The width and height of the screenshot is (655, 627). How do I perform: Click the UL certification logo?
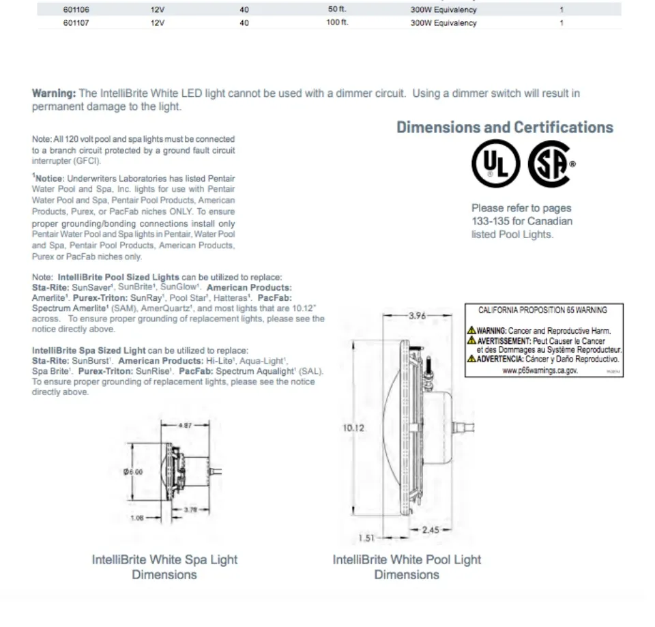pyautogui.click(x=495, y=164)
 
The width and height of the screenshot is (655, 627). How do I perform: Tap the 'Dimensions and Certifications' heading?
pyautogui.click(x=505, y=128)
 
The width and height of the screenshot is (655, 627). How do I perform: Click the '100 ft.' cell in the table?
pyautogui.click(x=337, y=23)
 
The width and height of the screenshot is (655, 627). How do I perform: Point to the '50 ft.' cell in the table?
pyautogui.click(x=337, y=10)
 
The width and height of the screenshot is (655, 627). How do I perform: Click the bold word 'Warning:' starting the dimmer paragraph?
pyautogui.click(x=54, y=93)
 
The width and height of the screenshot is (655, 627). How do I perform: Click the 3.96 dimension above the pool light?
pyautogui.click(x=417, y=316)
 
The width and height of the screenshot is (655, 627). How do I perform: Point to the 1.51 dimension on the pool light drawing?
pyautogui.click(x=367, y=538)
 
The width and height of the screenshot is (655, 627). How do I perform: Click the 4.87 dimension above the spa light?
pyautogui.click(x=185, y=425)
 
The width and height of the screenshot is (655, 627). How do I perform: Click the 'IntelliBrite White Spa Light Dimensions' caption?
pyautogui.click(x=164, y=567)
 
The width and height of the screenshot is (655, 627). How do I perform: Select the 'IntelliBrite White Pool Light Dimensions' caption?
pyautogui.click(x=407, y=567)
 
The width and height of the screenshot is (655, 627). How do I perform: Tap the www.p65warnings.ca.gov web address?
pyautogui.click(x=540, y=370)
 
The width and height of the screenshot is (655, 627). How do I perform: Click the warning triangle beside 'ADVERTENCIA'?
pyautogui.click(x=471, y=358)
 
